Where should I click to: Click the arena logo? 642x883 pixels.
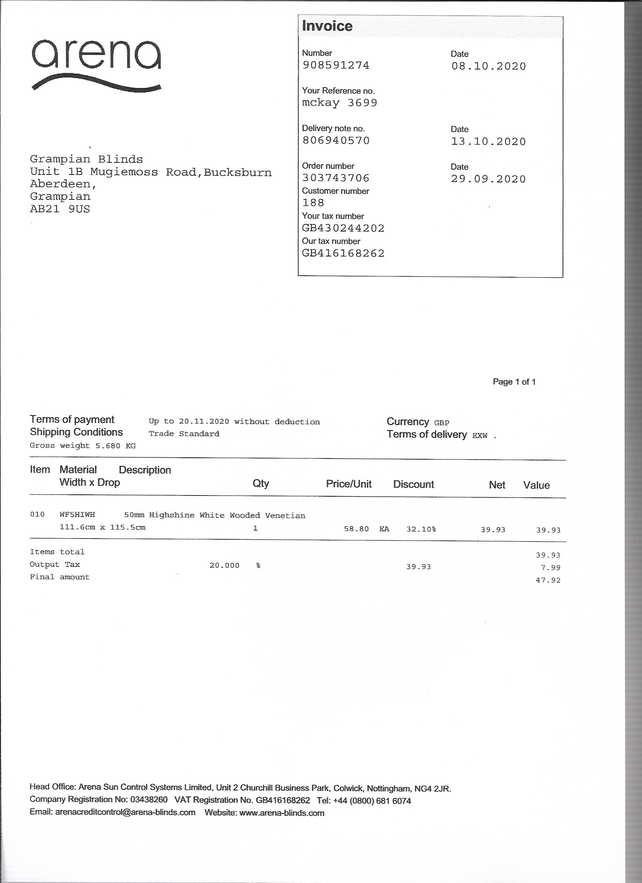tap(96, 64)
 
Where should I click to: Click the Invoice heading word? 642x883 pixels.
tap(327, 26)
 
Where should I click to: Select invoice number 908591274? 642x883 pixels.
tap(336, 65)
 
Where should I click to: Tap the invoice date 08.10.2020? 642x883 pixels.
tap(488, 66)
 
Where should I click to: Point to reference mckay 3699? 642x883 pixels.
tap(340, 103)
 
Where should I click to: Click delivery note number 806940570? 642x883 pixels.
tap(336, 140)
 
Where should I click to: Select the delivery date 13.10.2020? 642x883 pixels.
tap(488, 141)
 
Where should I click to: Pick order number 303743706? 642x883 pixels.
tap(336, 178)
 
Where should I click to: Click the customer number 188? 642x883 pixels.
tap(313, 203)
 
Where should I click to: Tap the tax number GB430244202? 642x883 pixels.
tap(343, 228)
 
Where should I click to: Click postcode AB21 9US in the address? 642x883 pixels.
tap(60, 209)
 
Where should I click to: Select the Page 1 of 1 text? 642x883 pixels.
tap(514, 382)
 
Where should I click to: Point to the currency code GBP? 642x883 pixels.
tap(441, 423)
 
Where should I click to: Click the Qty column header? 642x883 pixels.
tap(261, 483)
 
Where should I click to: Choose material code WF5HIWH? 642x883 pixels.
tap(77, 515)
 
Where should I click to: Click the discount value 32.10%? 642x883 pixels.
tap(421, 529)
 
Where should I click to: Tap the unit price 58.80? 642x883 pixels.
tap(356, 529)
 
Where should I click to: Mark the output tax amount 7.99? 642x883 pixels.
tap(550, 568)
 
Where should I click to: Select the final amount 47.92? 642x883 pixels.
tap(548, 580)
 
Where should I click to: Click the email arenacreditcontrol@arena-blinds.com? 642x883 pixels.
tap(125, 812)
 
